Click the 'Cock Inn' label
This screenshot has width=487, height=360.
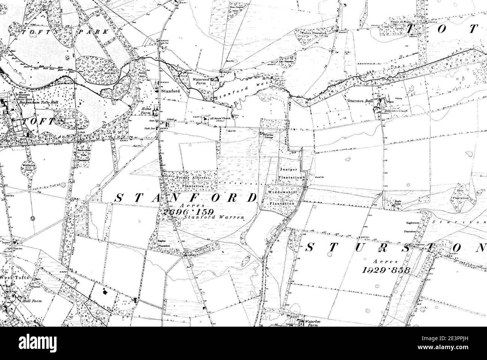click(x=150, y=128)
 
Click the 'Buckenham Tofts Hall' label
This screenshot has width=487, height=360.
click(x=33, y=102)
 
